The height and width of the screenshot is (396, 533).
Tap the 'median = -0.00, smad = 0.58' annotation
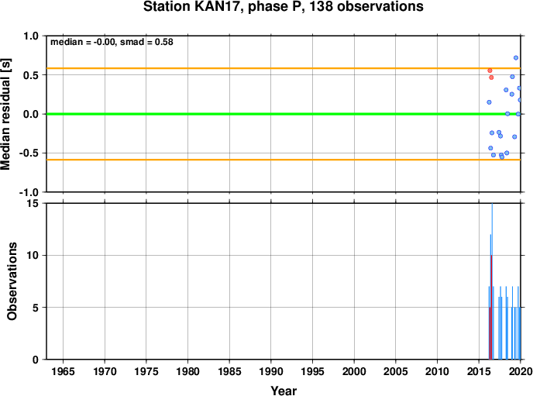click(112, 42)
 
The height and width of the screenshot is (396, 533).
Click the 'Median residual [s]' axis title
click(5, 114)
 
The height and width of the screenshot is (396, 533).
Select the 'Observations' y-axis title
click(12, 281)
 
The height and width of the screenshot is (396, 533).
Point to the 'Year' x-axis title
click(284, 391)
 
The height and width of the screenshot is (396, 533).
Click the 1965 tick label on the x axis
click(63, 371)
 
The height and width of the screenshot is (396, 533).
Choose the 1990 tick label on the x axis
click(271, 371)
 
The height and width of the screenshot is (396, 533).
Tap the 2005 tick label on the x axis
click(396, 371)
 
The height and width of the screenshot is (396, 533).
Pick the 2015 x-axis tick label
click(479, 371)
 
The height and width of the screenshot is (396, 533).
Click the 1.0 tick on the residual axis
click(31, 36)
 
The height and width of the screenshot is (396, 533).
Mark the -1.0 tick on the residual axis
click(29, 192)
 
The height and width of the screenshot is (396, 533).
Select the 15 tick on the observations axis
click(33, 203)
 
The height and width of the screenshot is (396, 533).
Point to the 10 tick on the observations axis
click(33, 255)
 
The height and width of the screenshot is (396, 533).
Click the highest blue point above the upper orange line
click(516, 58)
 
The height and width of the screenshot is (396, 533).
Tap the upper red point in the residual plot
click(490, 71)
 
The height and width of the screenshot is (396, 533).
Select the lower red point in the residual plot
click(491, 77)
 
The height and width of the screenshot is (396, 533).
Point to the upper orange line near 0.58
click(284, 68)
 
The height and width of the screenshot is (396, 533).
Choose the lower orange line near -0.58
click(284, 160)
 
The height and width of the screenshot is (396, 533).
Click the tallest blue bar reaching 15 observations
click(492, 281)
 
